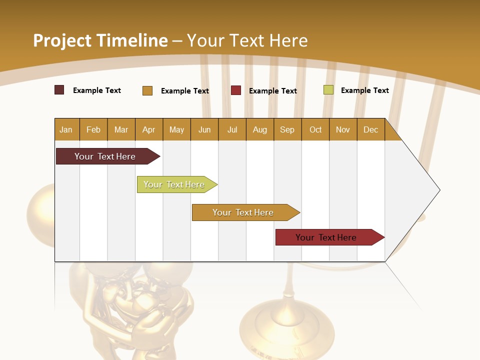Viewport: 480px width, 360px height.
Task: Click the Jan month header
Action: tap(66, 129)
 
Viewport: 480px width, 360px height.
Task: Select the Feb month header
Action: tap(93, 129)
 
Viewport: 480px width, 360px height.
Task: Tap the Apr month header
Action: tap(149, 129)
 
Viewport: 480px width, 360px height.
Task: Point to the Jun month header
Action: tap(204, 129)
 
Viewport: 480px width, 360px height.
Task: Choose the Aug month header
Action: tap(260, 129)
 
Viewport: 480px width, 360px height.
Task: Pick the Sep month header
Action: tap(287, 129)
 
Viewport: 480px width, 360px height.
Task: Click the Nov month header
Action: tap(343, 129)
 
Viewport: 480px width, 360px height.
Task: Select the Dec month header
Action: tap(371, 129)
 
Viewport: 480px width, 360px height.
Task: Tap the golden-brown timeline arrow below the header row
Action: tap(244, 212)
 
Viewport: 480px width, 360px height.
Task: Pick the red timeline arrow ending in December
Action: tap(327, 237)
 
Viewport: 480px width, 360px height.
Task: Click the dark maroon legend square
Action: tap(59, 90)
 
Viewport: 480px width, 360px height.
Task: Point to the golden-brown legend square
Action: tap(147, 90)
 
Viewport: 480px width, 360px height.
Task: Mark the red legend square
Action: tap(236, 90)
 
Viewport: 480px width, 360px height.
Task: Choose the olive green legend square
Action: tap(328, 90)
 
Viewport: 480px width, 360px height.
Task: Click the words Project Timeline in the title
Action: tap(100, 40)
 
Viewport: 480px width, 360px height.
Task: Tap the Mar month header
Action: tap(121, 129)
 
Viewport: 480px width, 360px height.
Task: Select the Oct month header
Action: tap(315, 129)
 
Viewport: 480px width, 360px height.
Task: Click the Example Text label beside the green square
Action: tap(364, 90)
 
